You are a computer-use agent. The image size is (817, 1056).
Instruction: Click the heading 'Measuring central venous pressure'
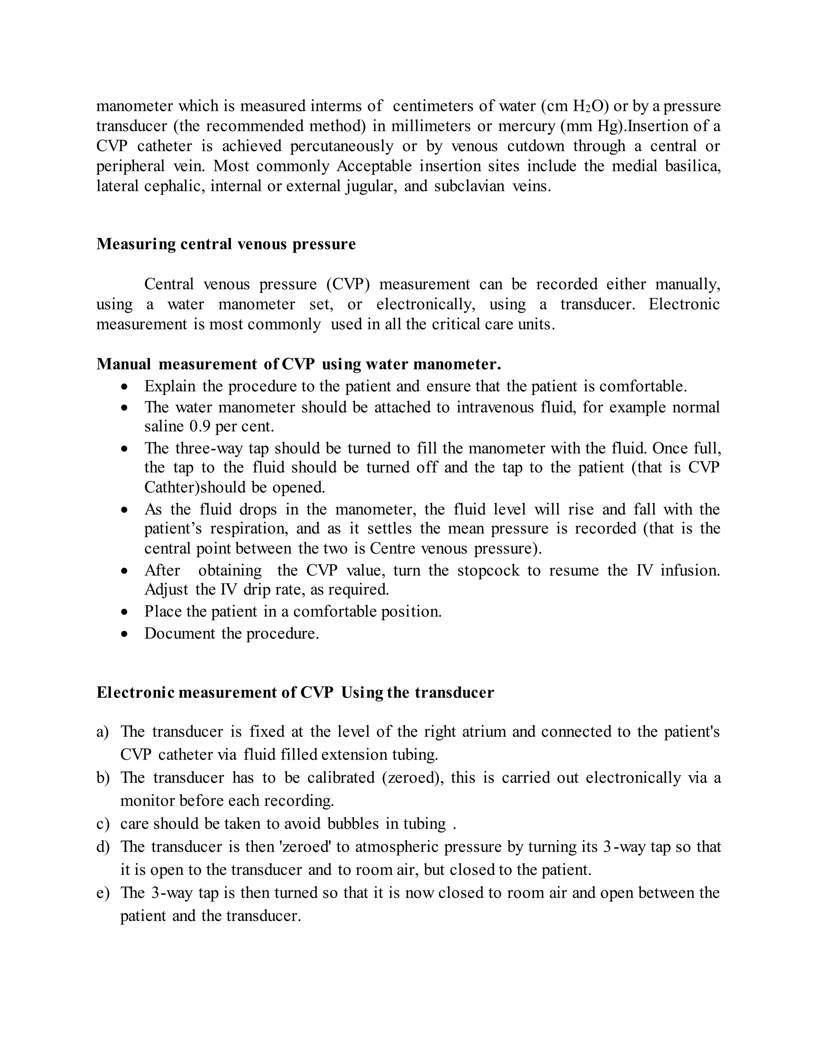(226, 244)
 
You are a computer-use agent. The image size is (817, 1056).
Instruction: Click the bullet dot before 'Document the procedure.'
(125, 634)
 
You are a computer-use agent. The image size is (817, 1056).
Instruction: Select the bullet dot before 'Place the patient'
(125, 612)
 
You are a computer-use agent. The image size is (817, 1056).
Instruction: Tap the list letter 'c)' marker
(103, 823)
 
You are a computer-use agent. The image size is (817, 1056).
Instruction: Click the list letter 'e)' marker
(103, 893)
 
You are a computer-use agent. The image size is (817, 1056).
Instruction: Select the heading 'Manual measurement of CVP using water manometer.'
(299, 364)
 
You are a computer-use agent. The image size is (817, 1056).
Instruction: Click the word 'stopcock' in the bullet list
(488, 571)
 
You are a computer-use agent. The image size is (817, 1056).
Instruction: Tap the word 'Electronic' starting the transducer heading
(135, 693)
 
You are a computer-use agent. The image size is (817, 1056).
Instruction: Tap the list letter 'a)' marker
(103, 732)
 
